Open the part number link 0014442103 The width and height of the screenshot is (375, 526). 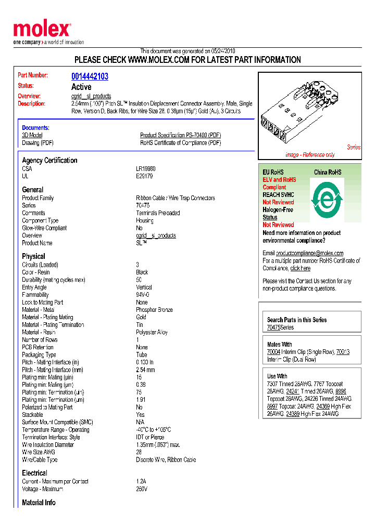[90, 76]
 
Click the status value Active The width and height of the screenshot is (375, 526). [81, 87]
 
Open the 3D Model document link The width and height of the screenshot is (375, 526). [32, 135]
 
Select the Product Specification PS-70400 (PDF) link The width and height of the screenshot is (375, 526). [180, 135]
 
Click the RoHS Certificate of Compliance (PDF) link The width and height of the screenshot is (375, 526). [180, 143]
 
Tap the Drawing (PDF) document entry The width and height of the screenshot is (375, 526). [37, 143]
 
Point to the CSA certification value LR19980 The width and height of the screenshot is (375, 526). [146, 169]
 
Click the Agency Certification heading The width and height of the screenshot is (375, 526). [49, 160]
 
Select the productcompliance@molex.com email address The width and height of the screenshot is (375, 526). [309, 253]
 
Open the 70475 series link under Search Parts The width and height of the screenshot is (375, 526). [273, 327]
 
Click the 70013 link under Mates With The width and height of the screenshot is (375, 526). [343, 352]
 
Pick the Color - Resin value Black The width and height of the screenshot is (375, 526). [142, 272]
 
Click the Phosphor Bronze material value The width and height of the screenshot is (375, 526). [154, 310]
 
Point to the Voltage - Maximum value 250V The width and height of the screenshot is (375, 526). [142, 489]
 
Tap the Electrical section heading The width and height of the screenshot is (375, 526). [34, 473]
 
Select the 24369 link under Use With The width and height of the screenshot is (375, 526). [323, 406]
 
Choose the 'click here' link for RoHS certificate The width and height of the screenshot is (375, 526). [300, 268]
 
